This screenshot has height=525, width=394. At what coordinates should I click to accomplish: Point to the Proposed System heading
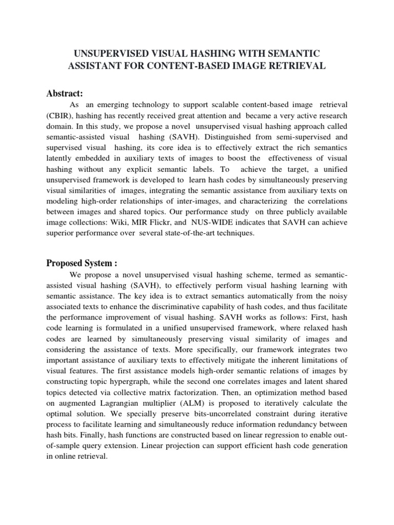[82, 264]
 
